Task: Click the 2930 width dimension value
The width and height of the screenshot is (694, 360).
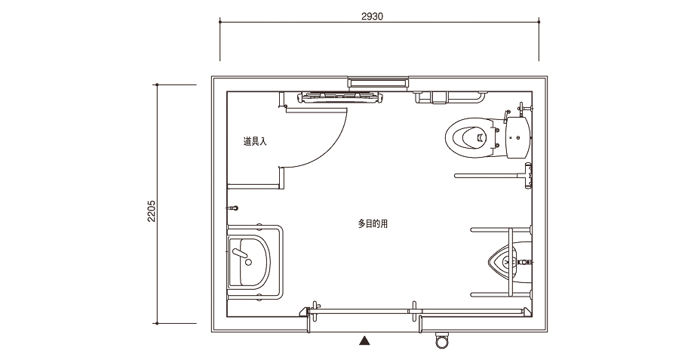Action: coord(372,17)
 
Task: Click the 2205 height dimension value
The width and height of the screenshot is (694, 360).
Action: coord(152,211)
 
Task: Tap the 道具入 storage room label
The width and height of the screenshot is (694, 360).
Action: coord(255,142)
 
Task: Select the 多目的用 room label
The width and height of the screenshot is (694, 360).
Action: coord(373,223)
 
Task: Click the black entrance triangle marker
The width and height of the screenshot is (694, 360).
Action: coord(364,340)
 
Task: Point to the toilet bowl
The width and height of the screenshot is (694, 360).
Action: coord(469,137)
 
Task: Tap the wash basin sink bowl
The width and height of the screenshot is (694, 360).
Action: coord(249,261)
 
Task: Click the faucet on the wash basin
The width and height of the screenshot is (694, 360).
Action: coord(239,254)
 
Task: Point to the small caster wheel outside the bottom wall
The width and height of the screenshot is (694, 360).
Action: coord(441,340)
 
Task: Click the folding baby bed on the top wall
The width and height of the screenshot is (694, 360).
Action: coord(340,97)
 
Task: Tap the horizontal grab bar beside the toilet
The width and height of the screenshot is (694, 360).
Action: coord(488,176)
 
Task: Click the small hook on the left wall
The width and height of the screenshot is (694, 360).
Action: coord(233,208)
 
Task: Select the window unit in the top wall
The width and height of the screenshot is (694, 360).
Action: coord(377,83)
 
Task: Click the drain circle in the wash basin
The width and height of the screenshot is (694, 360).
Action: coord(248,263)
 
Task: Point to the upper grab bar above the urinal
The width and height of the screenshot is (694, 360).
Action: coord(500,230)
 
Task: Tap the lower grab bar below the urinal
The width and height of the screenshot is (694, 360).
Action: coord(500,294)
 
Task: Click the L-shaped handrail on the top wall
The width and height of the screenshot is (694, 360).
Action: coord(450,97)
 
